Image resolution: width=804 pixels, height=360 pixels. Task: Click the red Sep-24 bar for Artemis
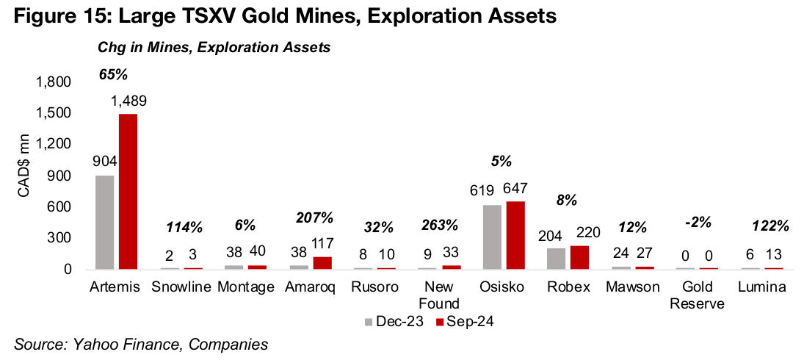pos(128,192)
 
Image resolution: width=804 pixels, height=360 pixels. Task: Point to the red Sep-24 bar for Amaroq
pos(323,263)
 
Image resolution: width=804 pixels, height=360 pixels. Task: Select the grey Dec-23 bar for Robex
pos(557,258)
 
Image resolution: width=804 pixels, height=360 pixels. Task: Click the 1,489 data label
pos(128,101)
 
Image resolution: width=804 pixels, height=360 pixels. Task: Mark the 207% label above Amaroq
pos(314,217)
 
